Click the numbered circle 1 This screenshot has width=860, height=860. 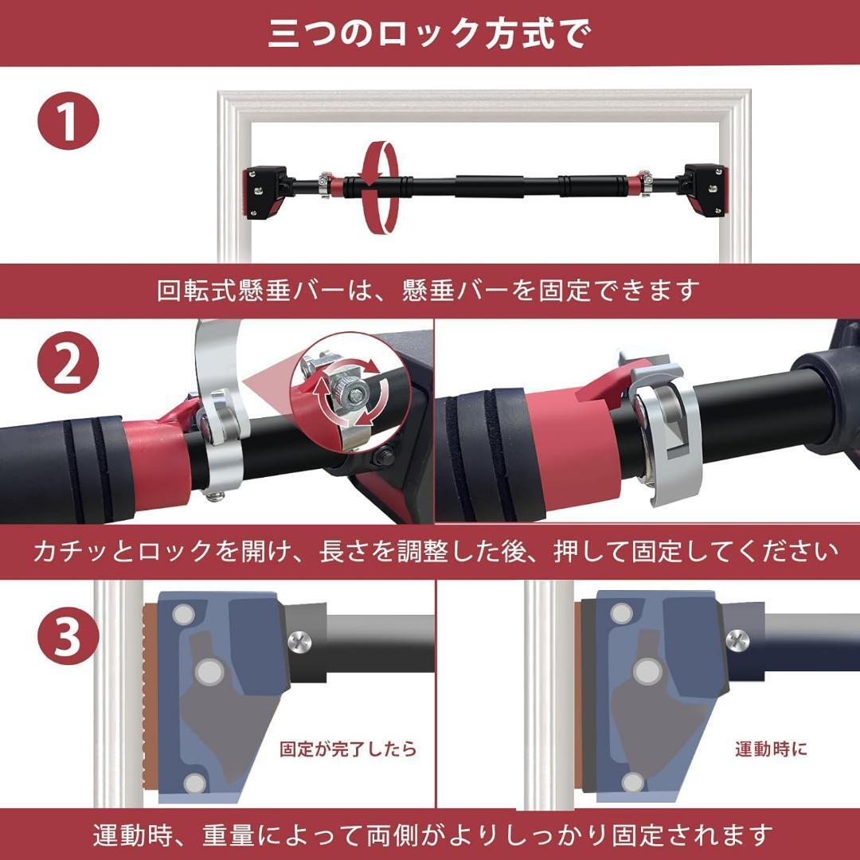coord(68,121)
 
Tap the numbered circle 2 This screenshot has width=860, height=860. coord(68,362)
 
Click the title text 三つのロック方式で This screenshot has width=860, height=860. coord(430,34)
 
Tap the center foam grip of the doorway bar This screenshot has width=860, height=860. coord(489,186)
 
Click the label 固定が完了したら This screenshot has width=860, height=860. coord(348,748)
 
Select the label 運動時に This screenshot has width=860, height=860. coord(771,748)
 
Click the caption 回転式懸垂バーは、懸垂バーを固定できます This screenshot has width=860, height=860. coord(428,290)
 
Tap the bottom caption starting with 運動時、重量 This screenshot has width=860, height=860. coord(432,835)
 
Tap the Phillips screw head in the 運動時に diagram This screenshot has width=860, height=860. coord(737,639)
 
